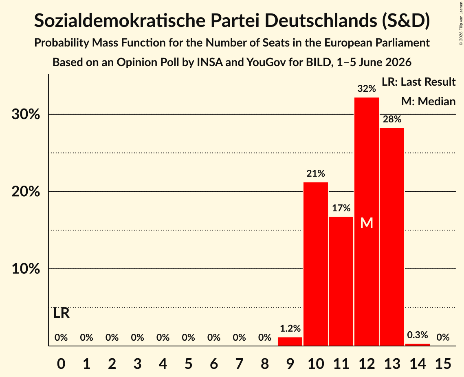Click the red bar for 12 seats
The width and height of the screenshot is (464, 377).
367,222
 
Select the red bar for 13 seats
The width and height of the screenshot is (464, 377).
392,237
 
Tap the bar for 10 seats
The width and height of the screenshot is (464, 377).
316,264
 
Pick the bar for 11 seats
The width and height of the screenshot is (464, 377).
341,281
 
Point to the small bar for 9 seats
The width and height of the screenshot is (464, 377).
290,342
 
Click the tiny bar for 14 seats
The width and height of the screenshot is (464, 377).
418,345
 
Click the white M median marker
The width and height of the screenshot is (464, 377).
367,223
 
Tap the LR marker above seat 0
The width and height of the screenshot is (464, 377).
61,313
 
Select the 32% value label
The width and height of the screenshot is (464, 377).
367,88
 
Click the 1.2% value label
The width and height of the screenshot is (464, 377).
290,328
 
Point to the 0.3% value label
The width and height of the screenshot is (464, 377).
418,335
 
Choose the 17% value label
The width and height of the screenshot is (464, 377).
341,208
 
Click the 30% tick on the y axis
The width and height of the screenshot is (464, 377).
26,114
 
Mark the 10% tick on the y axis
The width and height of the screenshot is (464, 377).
26,269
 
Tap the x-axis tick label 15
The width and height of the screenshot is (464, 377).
443,364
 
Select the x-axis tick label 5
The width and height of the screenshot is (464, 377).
189,364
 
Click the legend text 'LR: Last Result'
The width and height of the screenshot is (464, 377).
419,82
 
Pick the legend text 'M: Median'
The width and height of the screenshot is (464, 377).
429,101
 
